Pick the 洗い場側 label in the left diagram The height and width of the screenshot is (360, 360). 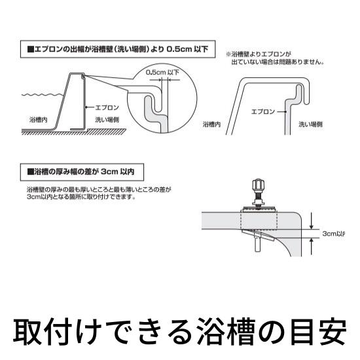click(107, 120)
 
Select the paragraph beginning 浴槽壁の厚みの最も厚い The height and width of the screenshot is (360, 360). click(98, 193)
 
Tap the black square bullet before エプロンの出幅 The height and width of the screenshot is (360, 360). click(29, 48)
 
